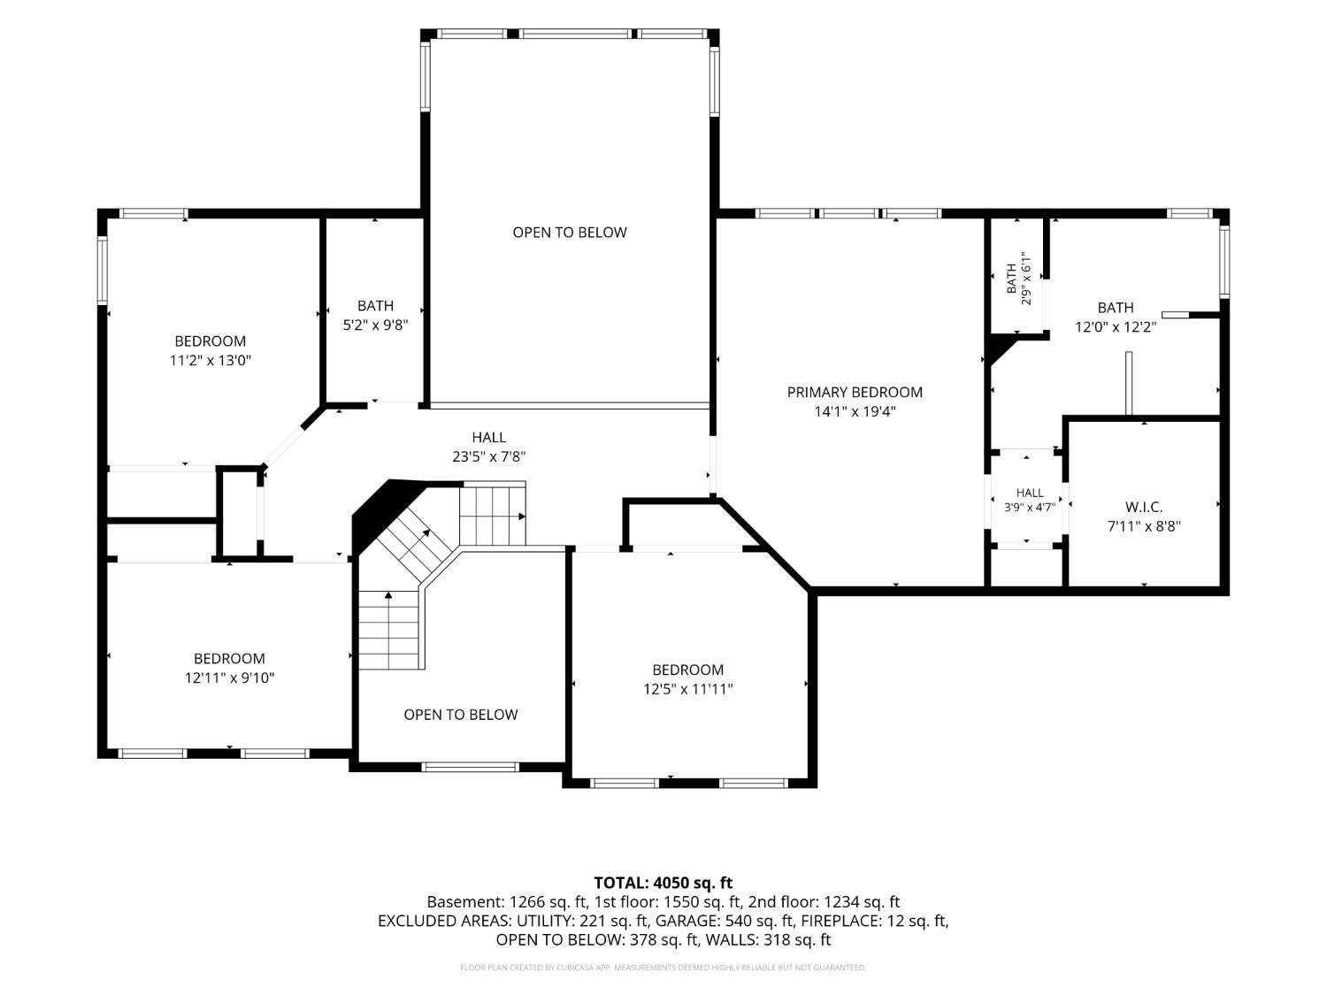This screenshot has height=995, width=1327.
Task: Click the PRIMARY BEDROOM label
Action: point(855,392)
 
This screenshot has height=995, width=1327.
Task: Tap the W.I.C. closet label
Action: point(1143,507)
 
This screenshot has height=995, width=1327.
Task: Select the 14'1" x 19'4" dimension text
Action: point(855,411)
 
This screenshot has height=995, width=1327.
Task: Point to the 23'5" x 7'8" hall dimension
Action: point(488,456)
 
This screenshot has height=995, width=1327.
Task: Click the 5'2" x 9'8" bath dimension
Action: point(375,325)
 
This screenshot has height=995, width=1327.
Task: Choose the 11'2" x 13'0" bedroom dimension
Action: point(210,360)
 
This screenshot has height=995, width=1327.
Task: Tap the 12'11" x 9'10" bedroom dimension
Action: point(229,677)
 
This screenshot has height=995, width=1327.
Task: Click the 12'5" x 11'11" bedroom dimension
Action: point(687,689)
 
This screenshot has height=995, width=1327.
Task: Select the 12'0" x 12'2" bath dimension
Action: point(1115,327)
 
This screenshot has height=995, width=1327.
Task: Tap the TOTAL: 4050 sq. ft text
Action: point(663,883)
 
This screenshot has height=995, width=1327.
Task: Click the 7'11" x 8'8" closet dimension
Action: point(1143,526)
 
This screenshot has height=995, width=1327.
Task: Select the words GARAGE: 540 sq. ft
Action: point(725,921)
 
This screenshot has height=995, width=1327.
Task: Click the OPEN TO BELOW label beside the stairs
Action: point(461,714)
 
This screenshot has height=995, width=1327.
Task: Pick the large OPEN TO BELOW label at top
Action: point(570,232)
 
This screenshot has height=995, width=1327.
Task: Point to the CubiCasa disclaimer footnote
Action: point(663,968)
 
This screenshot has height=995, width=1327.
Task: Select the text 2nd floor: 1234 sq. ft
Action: point(824,902)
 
